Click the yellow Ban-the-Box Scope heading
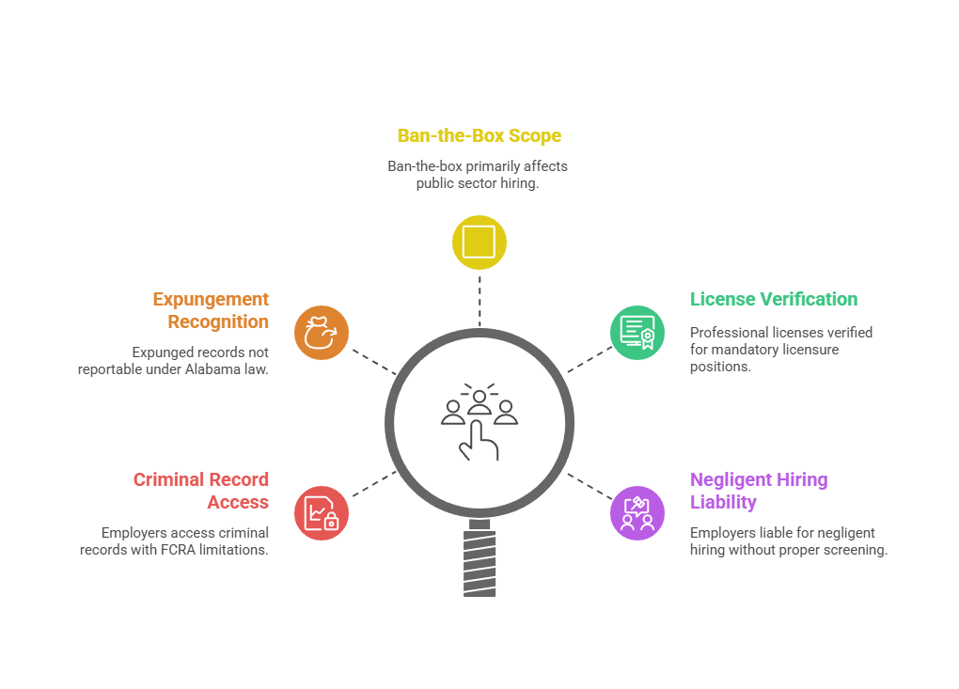pos(479,136)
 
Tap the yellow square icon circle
pos(479,242)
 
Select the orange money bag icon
pos(322,333)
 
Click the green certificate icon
pos(637,333)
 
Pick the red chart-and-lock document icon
pos(322,513)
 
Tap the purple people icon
pos(637,513)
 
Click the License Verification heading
pos(774,300)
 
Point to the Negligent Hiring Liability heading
pos(759,490)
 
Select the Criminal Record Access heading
pos(201,490)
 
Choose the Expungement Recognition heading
pos(212,310)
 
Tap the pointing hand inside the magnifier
pos(477,442)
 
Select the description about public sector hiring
pos(478,175)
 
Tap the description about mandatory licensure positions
pos(780,349)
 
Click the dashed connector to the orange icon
pos(370,360)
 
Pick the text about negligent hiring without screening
pos(788,541)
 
